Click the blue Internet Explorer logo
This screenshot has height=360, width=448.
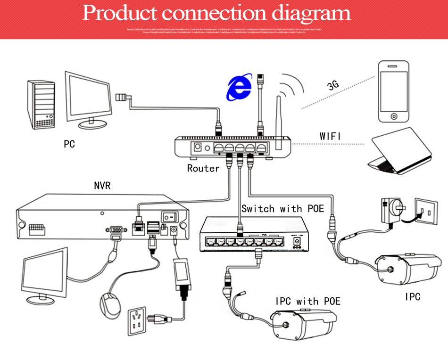(240, 88)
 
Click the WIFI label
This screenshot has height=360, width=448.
(330, 136)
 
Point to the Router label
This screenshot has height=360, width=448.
(203, 168)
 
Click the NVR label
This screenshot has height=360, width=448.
(102, 186)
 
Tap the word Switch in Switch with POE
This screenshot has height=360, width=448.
(257, 208)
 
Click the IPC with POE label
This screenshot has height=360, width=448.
(308, 301)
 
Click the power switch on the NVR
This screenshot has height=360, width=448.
(169, 217)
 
